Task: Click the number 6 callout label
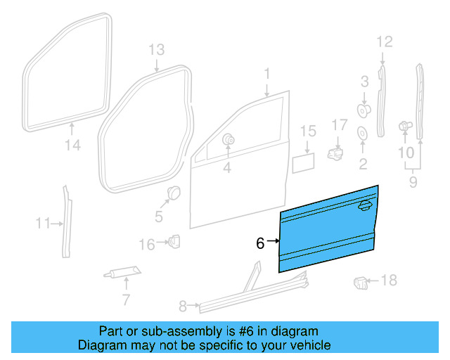[x=260, y=243]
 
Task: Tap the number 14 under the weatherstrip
[x=74, y=146]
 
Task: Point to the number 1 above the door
[x=267, y=74]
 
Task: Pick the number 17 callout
[x=340, y=125]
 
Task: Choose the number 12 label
[x=383, y=42]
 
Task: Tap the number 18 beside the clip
[x=389, y=281]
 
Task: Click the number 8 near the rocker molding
[x=183, y=306]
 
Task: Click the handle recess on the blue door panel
[x=365, y=205]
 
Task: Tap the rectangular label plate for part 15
[x=303, y=164]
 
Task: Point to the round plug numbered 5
[x=172, y=192]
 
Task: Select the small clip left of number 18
[x=360, y=283]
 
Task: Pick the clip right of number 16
[x=172, y=242]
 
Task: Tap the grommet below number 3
[x=364, y=110]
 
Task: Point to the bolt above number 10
[x=404, y=126]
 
